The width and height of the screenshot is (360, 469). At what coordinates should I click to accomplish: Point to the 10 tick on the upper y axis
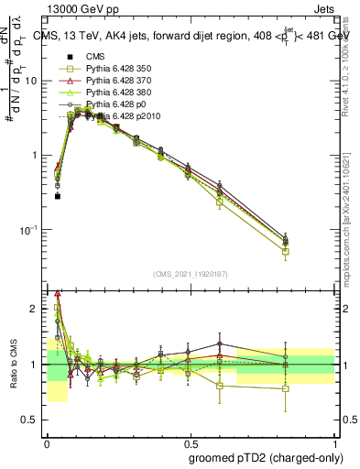[34, 81]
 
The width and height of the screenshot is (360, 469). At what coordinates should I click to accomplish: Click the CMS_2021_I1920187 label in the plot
[189, 276]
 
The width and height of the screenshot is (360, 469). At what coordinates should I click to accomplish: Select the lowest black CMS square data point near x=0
[57, 196]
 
